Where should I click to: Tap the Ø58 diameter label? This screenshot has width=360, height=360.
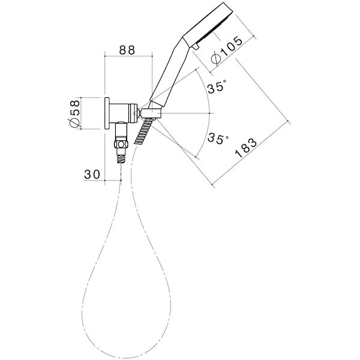[x=74, y=113]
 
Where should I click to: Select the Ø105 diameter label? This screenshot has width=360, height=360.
[x=227, y=50]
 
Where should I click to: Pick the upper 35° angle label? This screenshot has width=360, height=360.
[x=217, y=88]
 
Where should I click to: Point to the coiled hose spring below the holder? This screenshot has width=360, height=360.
[x=145, y=132]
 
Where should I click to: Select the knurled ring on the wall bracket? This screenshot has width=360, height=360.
[x=128, y=113]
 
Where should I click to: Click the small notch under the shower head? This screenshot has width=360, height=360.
[x=196, y=45]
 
